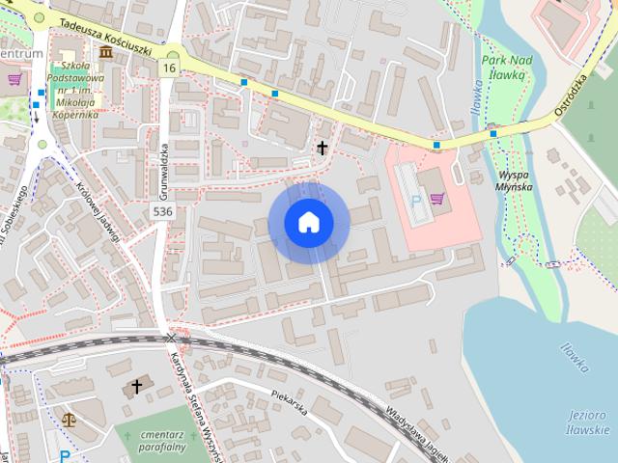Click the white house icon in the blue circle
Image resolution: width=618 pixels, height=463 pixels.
(x=308, y=222)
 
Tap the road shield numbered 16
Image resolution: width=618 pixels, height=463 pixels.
(x=170, y=68)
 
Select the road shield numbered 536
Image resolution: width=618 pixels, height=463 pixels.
(x=162, y=211)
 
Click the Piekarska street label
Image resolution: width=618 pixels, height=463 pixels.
(x=289, y=401)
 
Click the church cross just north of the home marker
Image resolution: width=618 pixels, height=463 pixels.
(x=321, y=148)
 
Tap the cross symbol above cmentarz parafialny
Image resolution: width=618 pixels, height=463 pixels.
(x=136, y=388)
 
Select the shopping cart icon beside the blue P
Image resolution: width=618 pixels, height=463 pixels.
(x=437, y=199)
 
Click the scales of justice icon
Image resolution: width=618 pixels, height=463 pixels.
(x=69, y=421)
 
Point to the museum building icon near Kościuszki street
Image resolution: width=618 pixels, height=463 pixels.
(x=104, y=51)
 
